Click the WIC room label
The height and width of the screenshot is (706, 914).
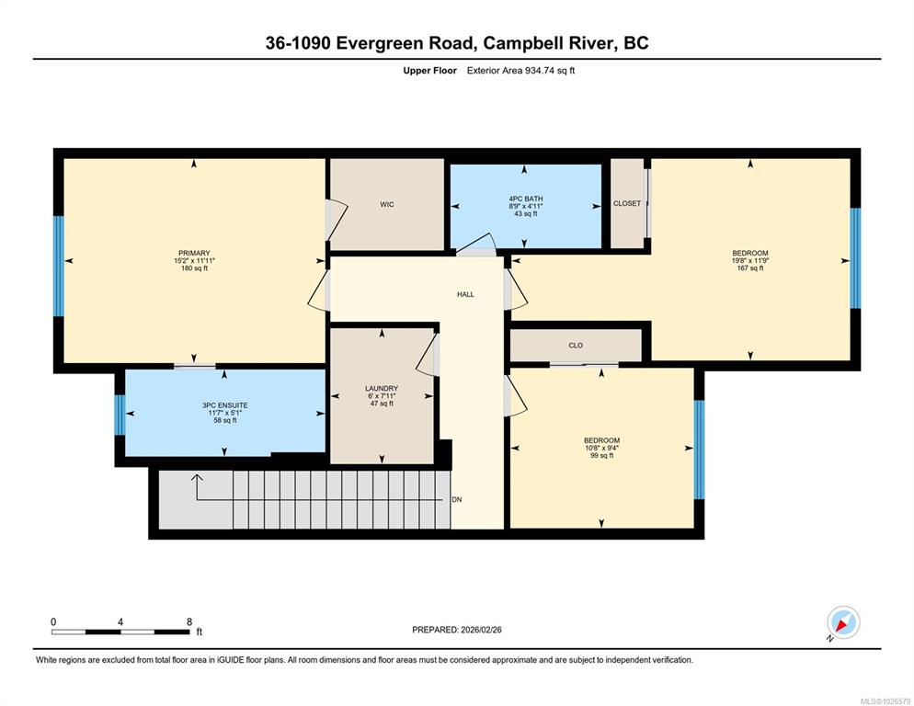pos(387,204)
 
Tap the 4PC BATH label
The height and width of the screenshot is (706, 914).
pos(526,199)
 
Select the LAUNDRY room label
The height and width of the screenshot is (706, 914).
pos(382,388)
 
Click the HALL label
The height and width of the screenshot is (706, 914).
pos(466,294)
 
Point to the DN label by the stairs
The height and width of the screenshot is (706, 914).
pos(457,499)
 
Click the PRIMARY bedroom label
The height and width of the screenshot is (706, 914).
pos(194,254)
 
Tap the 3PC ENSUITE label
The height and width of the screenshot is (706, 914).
pos(225,405)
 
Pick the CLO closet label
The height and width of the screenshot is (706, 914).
pos(576,345)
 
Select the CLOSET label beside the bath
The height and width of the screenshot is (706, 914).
pos(627,203)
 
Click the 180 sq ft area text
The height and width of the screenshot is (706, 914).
pos(194,268)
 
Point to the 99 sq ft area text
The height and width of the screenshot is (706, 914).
pos(602,455)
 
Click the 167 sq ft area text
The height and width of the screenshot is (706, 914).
pos(750,268)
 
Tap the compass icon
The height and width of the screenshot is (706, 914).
pos(843,622)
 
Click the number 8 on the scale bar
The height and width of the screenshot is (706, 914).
pos(189,622)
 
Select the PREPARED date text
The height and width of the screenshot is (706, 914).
pos(457,630)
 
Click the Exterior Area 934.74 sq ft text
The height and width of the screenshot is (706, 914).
pos(521,71)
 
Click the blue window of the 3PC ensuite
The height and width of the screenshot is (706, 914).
pos(120,416)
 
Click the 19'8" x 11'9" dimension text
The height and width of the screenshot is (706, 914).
pos(750,260)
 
